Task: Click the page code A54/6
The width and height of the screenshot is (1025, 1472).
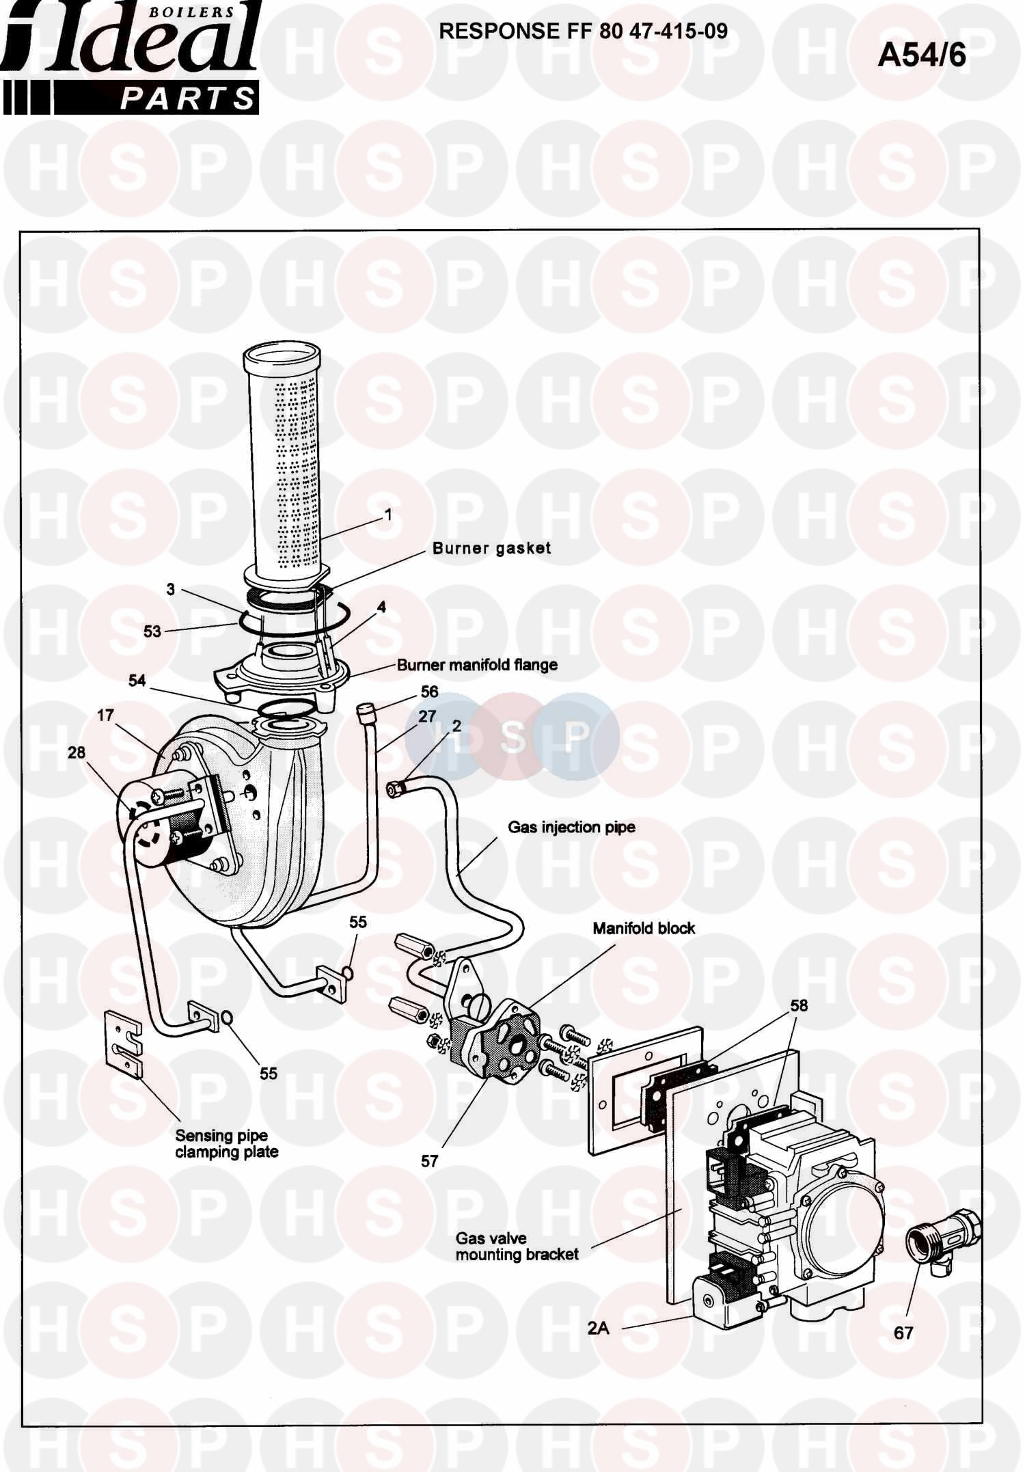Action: (921, 55)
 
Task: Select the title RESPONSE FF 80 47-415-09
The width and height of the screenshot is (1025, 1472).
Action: (583, 31)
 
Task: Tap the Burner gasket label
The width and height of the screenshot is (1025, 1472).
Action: (491, 548)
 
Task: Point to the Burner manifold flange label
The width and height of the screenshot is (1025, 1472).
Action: (477, 664)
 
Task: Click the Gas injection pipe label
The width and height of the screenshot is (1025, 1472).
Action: (571, 827)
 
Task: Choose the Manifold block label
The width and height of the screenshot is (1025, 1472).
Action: (644, 928)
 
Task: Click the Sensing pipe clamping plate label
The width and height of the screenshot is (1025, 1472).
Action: (226, 1143)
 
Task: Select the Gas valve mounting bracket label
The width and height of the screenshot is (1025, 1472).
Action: (517, 1246)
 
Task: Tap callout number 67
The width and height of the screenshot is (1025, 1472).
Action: (903, 1332)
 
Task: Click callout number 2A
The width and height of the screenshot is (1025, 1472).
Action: (598, 1327)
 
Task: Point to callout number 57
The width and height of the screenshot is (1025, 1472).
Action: (429, 1161)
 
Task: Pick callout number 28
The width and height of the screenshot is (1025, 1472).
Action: (77, 752)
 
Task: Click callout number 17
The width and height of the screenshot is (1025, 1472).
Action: (105, 715)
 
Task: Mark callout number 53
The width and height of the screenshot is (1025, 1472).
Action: (152, 631)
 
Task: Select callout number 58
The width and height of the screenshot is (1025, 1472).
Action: (799, 1005)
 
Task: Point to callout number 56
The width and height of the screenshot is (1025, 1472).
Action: (429, 691)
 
